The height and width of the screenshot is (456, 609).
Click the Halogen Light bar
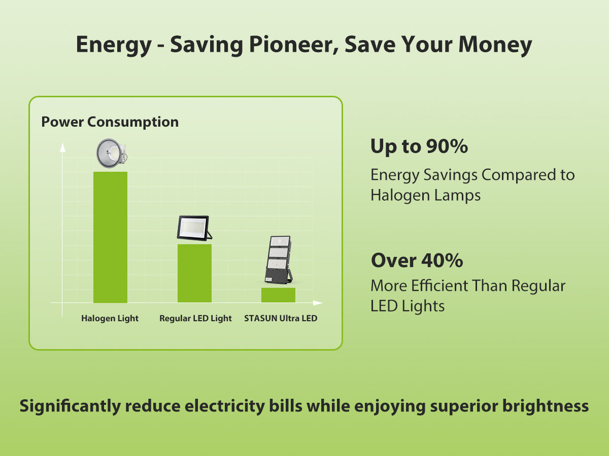click(110, 237)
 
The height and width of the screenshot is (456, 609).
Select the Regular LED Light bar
click(194, 273)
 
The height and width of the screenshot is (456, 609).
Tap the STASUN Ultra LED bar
click(278, 295)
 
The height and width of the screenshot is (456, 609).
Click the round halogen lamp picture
click(112, 153)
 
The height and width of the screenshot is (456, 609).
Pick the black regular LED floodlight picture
click(194, 228)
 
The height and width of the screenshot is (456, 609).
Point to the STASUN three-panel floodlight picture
click(278, 260)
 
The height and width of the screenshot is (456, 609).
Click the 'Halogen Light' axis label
click(110, 318)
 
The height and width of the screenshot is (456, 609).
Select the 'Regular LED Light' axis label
click(195, 318)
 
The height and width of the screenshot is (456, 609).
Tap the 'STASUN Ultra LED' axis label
click(281, 318)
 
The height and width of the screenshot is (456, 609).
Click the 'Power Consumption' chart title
click(110, 122)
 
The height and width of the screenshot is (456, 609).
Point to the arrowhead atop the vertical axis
click(63, 147)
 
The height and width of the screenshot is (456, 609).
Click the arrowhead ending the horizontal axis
click(318, 303)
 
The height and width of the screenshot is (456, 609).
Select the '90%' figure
click(447, 146)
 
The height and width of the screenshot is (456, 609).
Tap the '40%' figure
click(442, 260)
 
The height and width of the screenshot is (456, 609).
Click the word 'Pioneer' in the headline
click(294, 44)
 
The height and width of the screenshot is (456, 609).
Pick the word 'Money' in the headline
click(495, 45)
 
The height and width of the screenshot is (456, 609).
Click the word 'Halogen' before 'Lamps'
click(400, 195)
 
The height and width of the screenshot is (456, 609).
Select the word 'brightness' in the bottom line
click(546, 406)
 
